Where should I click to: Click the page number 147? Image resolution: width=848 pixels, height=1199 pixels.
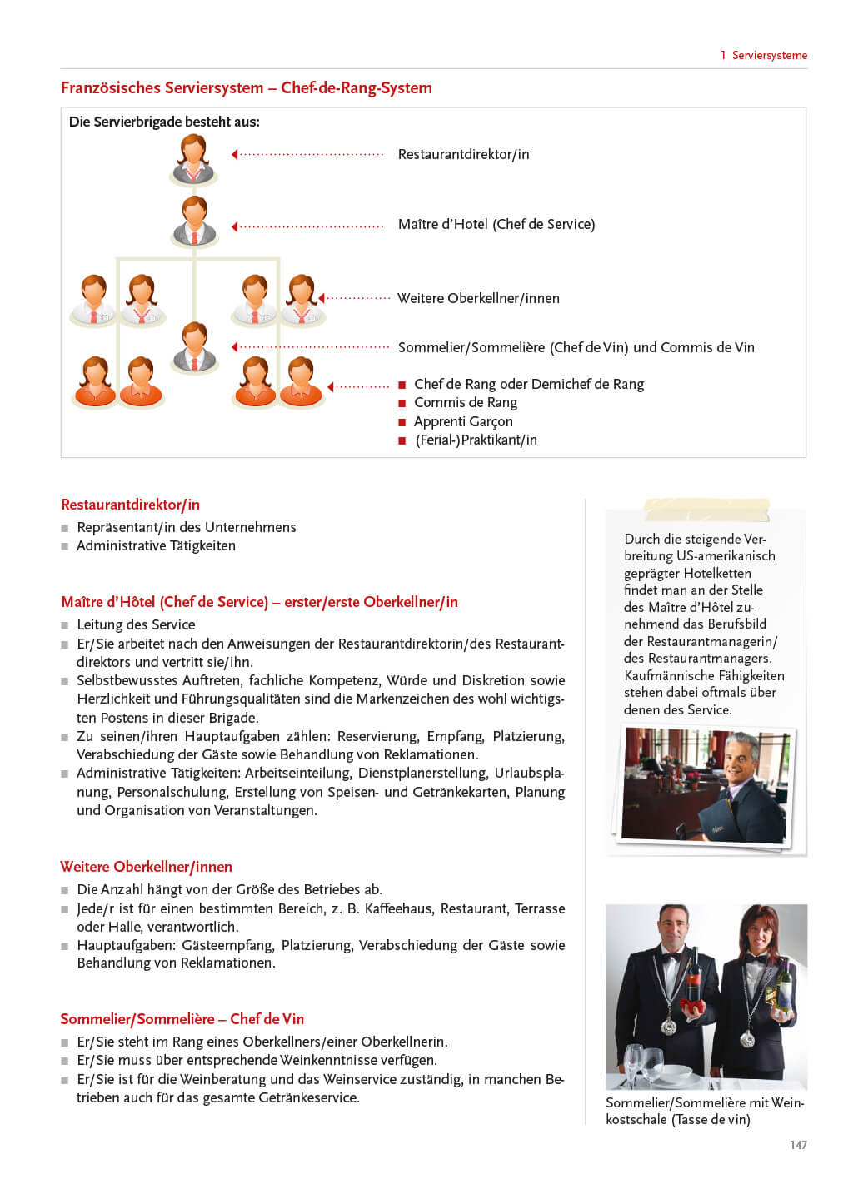coord(798,1145)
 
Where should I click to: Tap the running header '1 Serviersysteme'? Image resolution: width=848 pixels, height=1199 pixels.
coord(764,56)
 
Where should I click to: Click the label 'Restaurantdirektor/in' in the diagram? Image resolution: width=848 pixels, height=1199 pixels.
coord(463,154)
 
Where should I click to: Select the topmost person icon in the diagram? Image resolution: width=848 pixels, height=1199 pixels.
coord(194,158)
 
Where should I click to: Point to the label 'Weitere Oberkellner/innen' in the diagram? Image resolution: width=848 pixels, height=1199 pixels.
coord(478,298)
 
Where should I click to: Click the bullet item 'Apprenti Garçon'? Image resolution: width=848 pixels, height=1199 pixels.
coord(463,421)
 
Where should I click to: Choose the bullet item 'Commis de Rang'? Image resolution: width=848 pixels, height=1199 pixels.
coord(466,402)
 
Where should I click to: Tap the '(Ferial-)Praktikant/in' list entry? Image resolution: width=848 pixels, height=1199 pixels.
coord(476,440)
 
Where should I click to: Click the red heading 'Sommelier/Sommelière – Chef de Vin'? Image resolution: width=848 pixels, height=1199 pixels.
coord(182,1019)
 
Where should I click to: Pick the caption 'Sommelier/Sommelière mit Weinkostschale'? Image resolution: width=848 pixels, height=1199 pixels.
coord(704,1111)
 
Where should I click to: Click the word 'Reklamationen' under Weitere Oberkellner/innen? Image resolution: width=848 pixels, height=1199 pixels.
coord(227,963)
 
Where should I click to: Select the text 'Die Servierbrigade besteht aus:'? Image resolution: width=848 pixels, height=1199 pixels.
coord(164,122)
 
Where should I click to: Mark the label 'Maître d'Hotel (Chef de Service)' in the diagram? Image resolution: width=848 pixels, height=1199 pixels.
coord(496,224)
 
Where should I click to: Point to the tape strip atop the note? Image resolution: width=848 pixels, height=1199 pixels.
coord(706,508)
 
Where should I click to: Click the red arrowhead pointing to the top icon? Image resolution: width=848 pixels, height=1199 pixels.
coord(235,154)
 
